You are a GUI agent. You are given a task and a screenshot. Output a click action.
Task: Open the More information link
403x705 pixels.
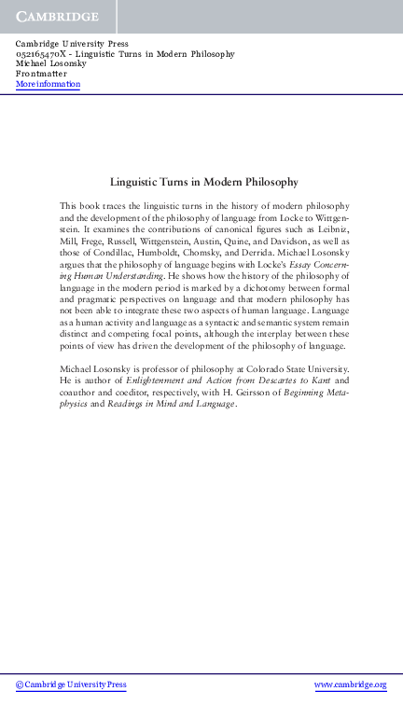(x=48, y=85)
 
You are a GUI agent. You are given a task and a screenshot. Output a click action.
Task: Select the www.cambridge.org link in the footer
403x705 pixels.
(x=350, y=684)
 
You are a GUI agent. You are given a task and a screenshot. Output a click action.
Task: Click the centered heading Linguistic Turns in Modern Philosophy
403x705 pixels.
(x=203, y=183)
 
